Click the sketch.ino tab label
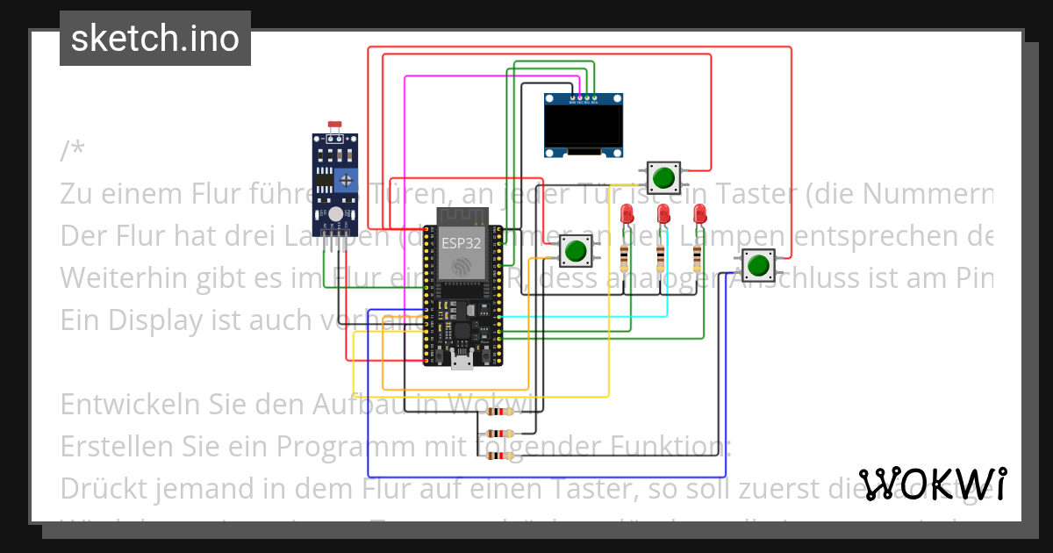click(155, 39)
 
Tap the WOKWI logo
click(933, 484)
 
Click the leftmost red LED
click(627, 214)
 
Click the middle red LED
click(663, 214)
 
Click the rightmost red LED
click(699, 214)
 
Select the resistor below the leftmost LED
click(625, 257)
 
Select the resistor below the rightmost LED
click(698, 257)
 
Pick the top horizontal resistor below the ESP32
click(499, 413)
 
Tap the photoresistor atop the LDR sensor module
click(334, 128)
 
